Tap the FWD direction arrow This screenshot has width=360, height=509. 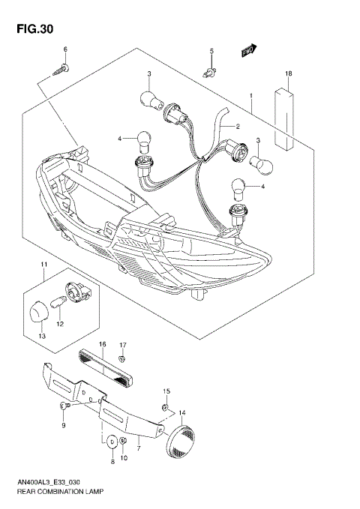[x=249, y=51]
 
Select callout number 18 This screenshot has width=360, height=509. [x=288, y=73]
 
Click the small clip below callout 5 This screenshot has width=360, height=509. [x=213, y=73]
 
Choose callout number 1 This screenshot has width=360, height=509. [x=252, y=96]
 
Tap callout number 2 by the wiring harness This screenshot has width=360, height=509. [x=236, y=127]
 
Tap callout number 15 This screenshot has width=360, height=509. [x=167, y=391]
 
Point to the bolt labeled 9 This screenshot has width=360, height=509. [x=64, y=406]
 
